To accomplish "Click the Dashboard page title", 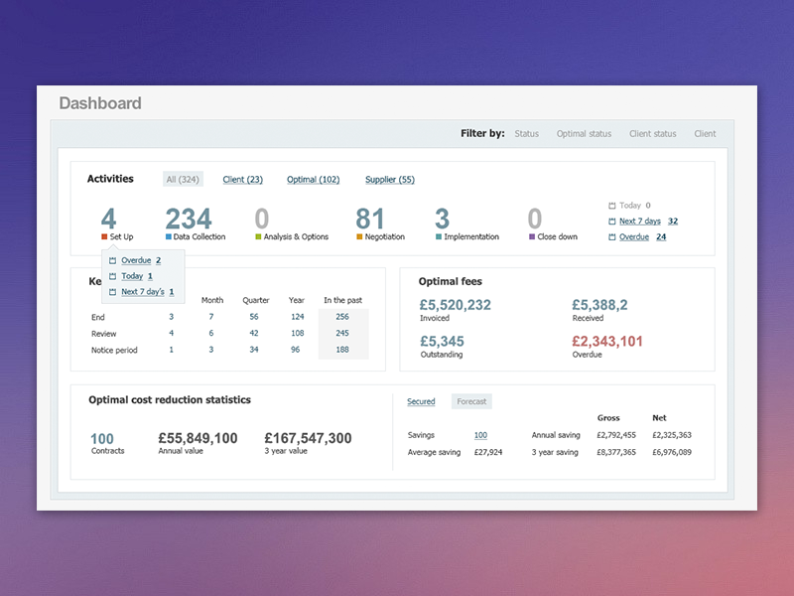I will coord(100,103).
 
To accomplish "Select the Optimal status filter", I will coord(584,134).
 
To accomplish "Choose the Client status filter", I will coord(652,134).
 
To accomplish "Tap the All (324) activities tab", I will coord(183,180).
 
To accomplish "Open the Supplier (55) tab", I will coord(390,180).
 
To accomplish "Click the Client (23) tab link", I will coord(242,180).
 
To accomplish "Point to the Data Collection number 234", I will coord(189,219).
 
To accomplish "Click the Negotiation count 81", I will coord(370,219).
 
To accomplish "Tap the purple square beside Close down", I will coord(532,237).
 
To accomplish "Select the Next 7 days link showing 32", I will coord(640,222).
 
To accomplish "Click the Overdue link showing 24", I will coord(634,237).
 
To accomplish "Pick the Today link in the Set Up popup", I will coord(132,276).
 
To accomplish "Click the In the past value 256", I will coord(342,317).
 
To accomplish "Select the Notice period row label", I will coord(114,350).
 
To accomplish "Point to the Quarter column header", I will coord(256,300).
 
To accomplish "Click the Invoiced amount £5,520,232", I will coord(455,305).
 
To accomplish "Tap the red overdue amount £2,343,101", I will coord(607,342).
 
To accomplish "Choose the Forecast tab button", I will coord(471,402).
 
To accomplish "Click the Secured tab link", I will coord(421,402).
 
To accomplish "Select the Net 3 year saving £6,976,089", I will coord(672,452).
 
